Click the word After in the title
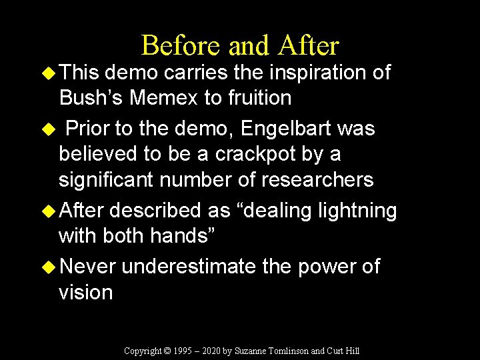(309, 46)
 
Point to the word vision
(85, 292)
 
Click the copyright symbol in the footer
(167, 351)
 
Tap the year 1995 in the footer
(184, 351)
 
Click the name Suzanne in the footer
(252, 351)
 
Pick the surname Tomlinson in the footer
(289, 351)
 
